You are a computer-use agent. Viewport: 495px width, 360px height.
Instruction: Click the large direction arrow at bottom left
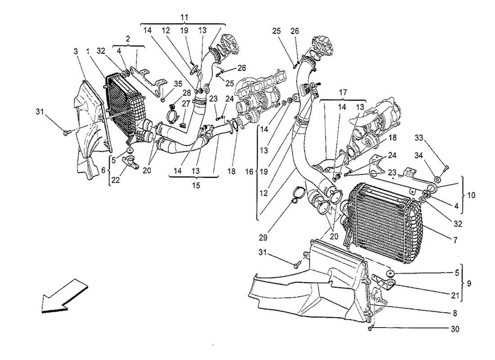click(x=63, y=296)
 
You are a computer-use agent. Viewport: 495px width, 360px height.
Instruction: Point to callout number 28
click(x=174, y=93)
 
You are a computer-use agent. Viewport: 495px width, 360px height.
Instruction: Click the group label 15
click(x=193, y=184)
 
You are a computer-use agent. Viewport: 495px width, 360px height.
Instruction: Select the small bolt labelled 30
click(x=370, y=330)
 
